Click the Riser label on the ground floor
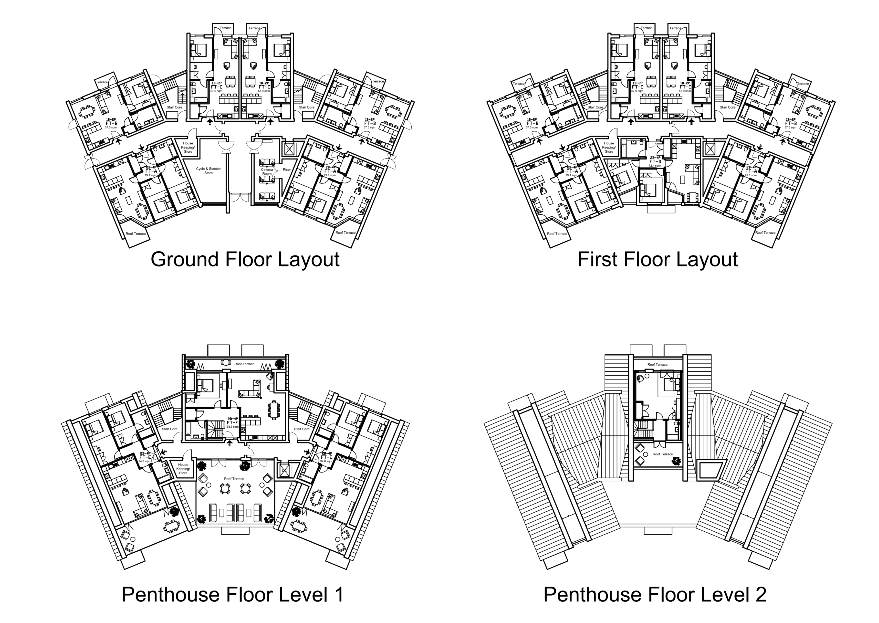click(286, 169)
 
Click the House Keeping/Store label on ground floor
click(188, 147)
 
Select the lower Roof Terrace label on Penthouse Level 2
click(662, 454)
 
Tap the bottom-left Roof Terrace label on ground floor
click(136, 234)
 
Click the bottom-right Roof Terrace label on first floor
click(765, 233)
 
